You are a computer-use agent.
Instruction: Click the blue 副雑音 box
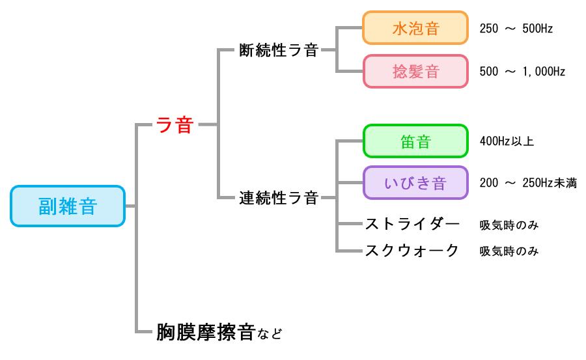click(67, 206)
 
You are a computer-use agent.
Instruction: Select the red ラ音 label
click(175, 124)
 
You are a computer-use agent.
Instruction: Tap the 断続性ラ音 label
click(279, 50)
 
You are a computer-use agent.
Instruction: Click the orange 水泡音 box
click(415, 29)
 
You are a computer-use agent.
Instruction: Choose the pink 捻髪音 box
click(415, 72)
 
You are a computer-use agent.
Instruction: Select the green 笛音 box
click(415, 141)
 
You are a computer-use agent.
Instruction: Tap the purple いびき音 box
click(415, 183)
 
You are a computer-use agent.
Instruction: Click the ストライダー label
click(413, 225)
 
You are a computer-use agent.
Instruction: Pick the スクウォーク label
click(413, 251)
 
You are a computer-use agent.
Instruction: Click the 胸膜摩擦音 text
click(205, 333)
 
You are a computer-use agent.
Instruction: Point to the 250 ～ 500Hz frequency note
click(516, 29)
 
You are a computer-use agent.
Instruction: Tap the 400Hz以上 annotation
click(507, 141)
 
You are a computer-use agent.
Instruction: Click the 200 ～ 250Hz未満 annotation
click(527, 184)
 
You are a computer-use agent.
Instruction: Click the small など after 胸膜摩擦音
click(270, 335)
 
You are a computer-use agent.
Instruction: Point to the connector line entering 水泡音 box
click(349, 29)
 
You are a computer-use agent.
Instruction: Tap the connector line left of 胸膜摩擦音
click(145, 331)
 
